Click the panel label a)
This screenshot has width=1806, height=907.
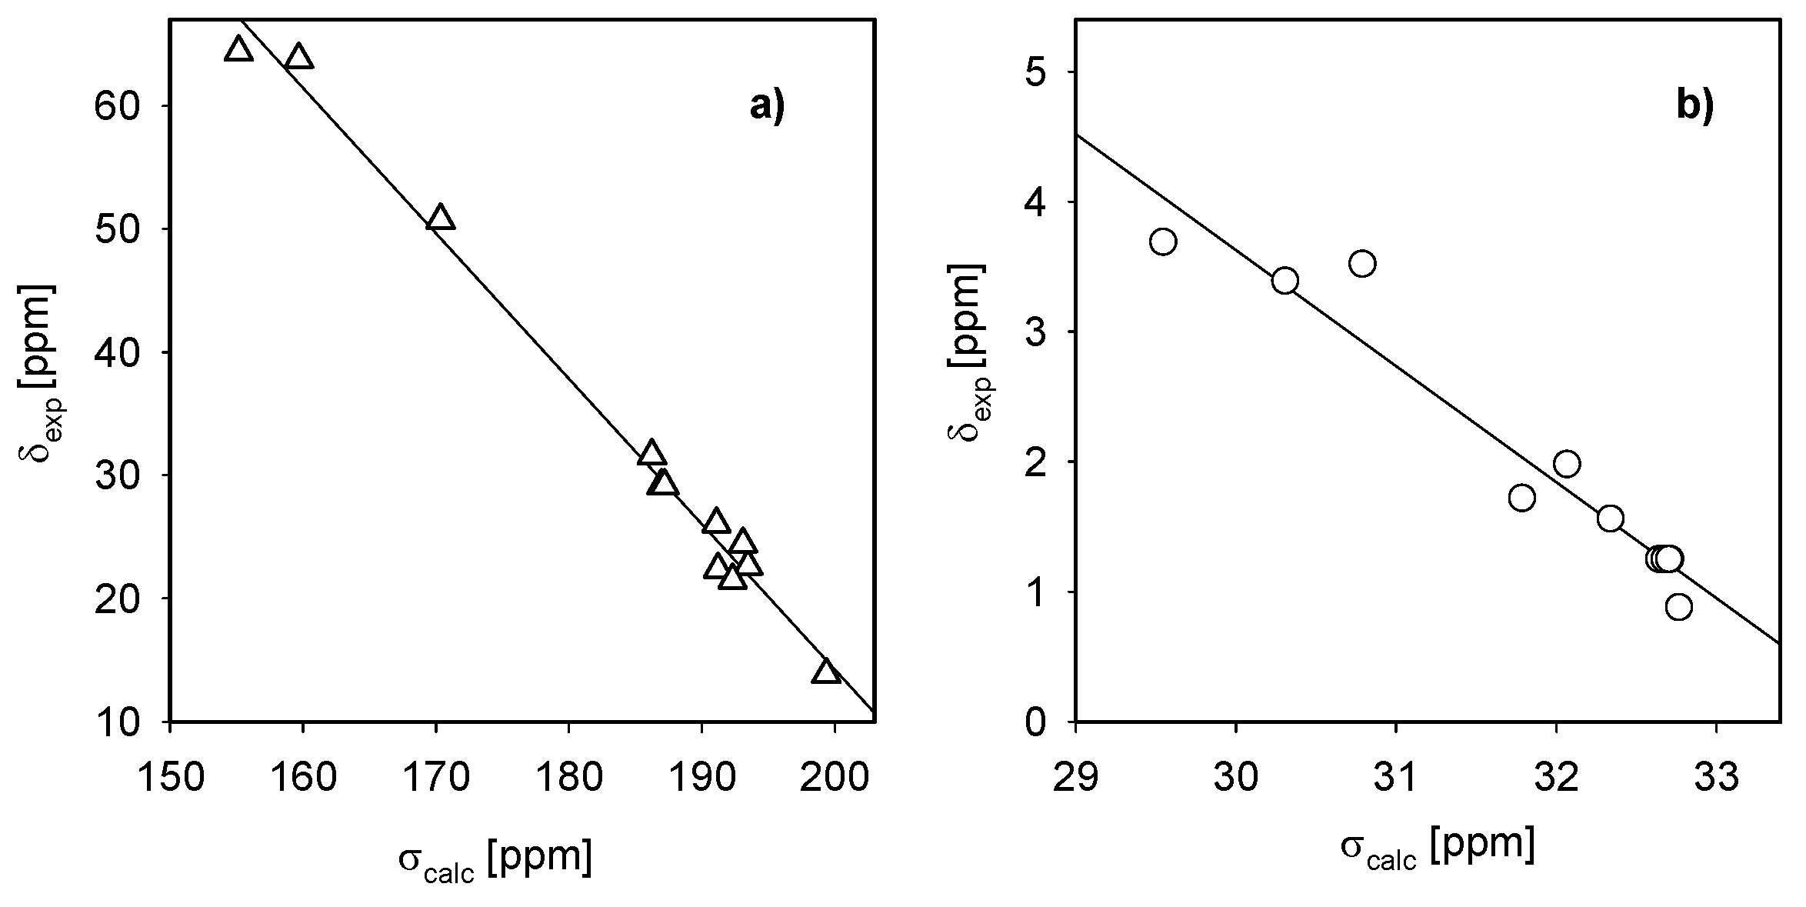click(x=767, y=107)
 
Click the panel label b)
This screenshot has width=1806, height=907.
click(x=1694, y=107)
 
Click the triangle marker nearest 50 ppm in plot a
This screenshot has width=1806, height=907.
click(x=440, y=218)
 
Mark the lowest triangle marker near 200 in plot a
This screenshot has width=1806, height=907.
click(x=826, y=672)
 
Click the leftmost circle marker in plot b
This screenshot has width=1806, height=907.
click(x=1163, y=242)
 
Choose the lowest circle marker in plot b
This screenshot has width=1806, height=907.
click(x=1678, y=607)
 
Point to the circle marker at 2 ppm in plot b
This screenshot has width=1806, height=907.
click(x=1567, y=463)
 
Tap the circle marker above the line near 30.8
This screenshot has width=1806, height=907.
click(x=1362, y=264)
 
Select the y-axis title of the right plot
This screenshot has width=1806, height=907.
click(x=969, y=352)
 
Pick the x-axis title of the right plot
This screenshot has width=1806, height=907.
click(x=1438, y=847)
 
